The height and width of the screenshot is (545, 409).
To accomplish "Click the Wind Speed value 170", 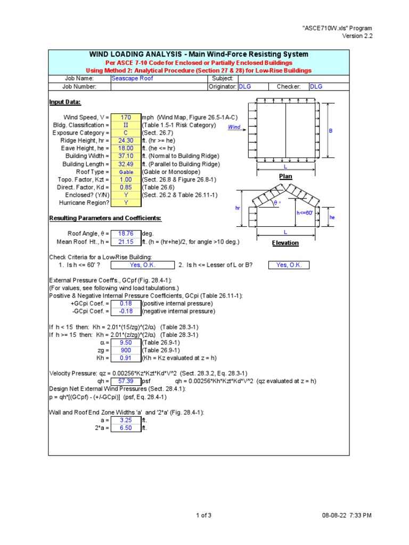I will pos(126,117).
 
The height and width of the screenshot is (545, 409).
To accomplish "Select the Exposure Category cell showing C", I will pos(126,133).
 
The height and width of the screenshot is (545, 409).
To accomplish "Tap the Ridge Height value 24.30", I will pos(126,141).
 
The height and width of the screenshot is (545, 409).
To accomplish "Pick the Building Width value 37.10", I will pos(126,156).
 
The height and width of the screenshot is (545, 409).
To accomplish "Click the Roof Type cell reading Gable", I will pos(126,172).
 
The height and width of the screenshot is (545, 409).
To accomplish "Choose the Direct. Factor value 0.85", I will pos(126,187).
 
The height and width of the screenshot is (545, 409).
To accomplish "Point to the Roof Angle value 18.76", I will pos(126,234).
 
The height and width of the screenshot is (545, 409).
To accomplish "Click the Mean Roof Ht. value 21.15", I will pos(126,242).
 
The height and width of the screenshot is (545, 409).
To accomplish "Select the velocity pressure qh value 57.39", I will pos(126,381).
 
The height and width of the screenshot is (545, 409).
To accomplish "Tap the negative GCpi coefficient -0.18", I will pos(126,311).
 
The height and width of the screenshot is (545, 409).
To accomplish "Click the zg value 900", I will pos(126,350).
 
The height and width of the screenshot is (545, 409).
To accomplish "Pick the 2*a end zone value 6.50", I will pos(126,427).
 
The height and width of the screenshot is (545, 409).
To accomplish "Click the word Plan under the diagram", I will pos(286,176).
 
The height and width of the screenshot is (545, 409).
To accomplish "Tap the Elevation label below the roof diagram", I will pos(285,243).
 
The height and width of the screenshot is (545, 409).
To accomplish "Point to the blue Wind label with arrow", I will pos(234,127).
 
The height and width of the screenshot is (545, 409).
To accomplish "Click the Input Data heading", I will pos(65,102).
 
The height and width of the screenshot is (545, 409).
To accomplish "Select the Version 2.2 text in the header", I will pos(357,36).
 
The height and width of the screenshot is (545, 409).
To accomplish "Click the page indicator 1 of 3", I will pos(204,515).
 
